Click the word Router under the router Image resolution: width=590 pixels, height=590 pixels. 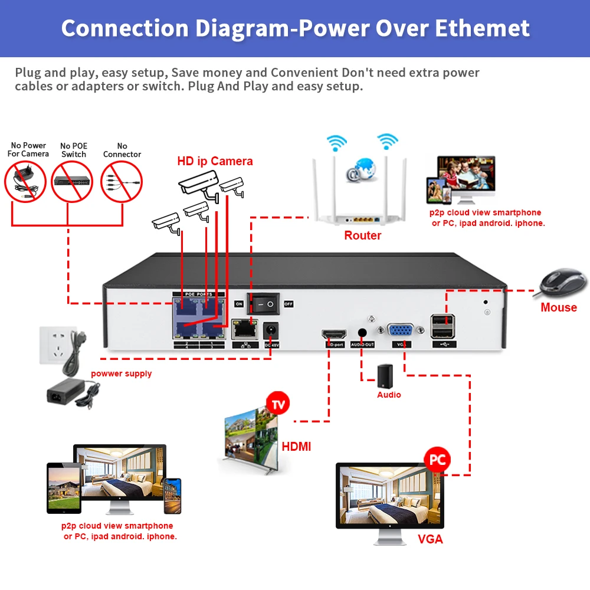(x=363, y=235)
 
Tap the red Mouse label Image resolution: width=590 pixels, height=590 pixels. (x=558, y=307)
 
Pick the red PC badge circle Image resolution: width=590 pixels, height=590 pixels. (x=437, y=460)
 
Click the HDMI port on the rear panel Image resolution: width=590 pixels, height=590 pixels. (x=331, y=334)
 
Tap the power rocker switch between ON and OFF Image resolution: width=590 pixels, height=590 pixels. (x=264, y=304)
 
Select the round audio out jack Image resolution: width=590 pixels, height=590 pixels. (x=362, y=334)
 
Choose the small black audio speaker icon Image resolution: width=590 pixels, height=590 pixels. (x=385, y=375)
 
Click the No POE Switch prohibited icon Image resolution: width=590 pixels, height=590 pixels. (x=73, y=182)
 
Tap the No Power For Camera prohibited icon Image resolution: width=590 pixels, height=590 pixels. (x=25, y=182)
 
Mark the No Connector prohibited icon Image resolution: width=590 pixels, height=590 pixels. (x=122, y=182)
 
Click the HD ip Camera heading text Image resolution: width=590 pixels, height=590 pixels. (x=215, y=161)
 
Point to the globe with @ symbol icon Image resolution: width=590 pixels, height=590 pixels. (x=362, y=169)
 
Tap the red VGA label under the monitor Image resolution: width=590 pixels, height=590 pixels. (x=430, y=539)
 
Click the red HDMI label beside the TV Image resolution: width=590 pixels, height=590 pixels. (x=296, y=447)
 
